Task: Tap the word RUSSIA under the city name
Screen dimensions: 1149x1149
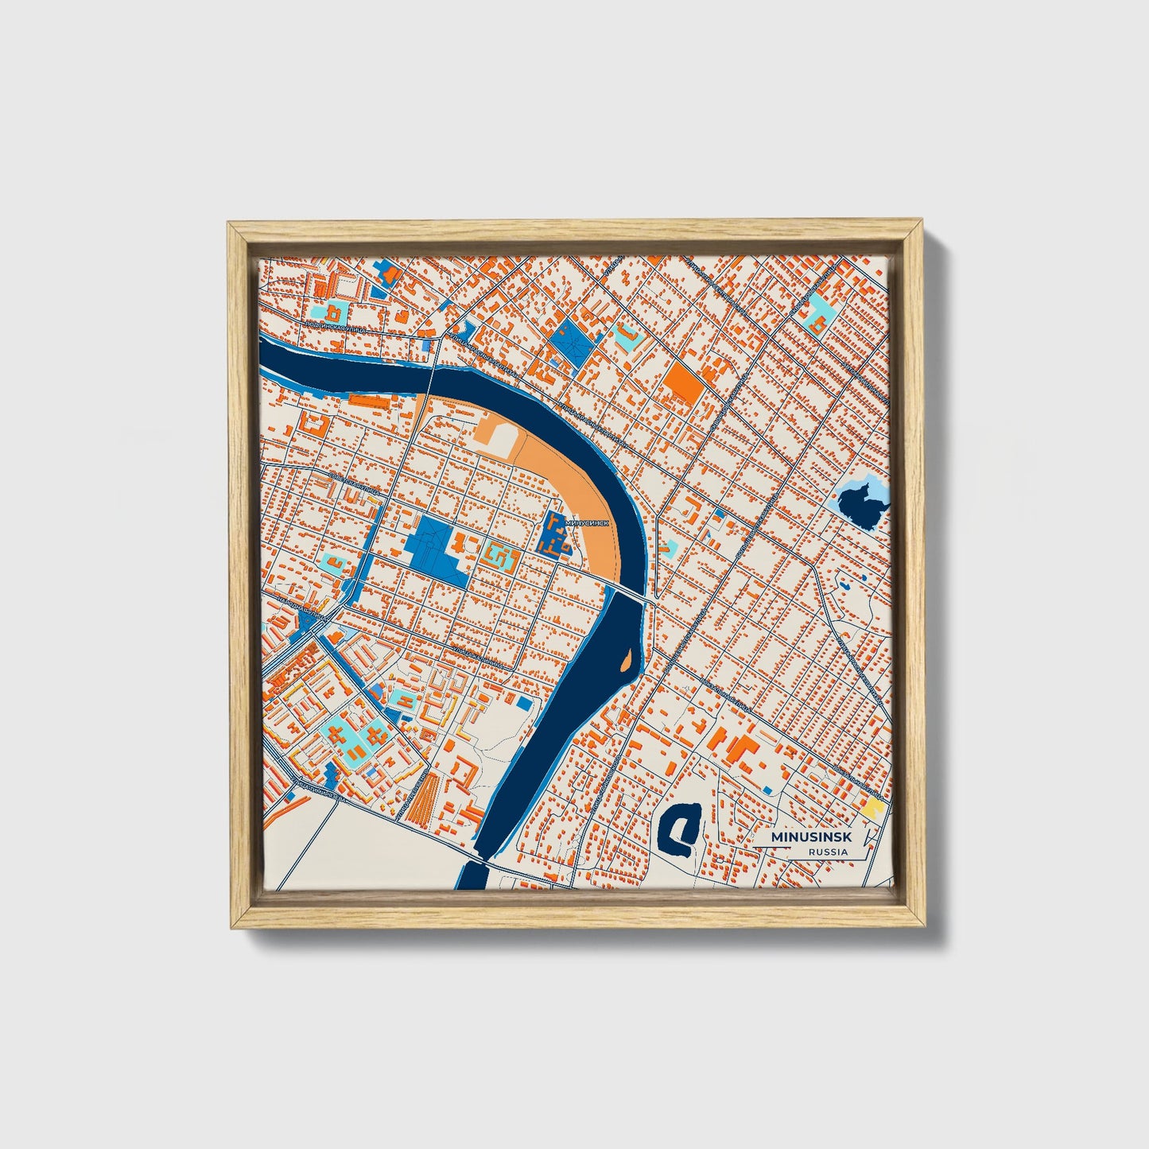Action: [828, 852]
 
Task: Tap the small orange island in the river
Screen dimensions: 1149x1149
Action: [627, 659]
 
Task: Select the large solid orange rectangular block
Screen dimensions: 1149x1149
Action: [685, 382]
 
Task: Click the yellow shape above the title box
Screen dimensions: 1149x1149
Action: [873, 809]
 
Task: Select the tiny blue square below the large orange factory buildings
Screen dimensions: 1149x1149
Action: [767, 789]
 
